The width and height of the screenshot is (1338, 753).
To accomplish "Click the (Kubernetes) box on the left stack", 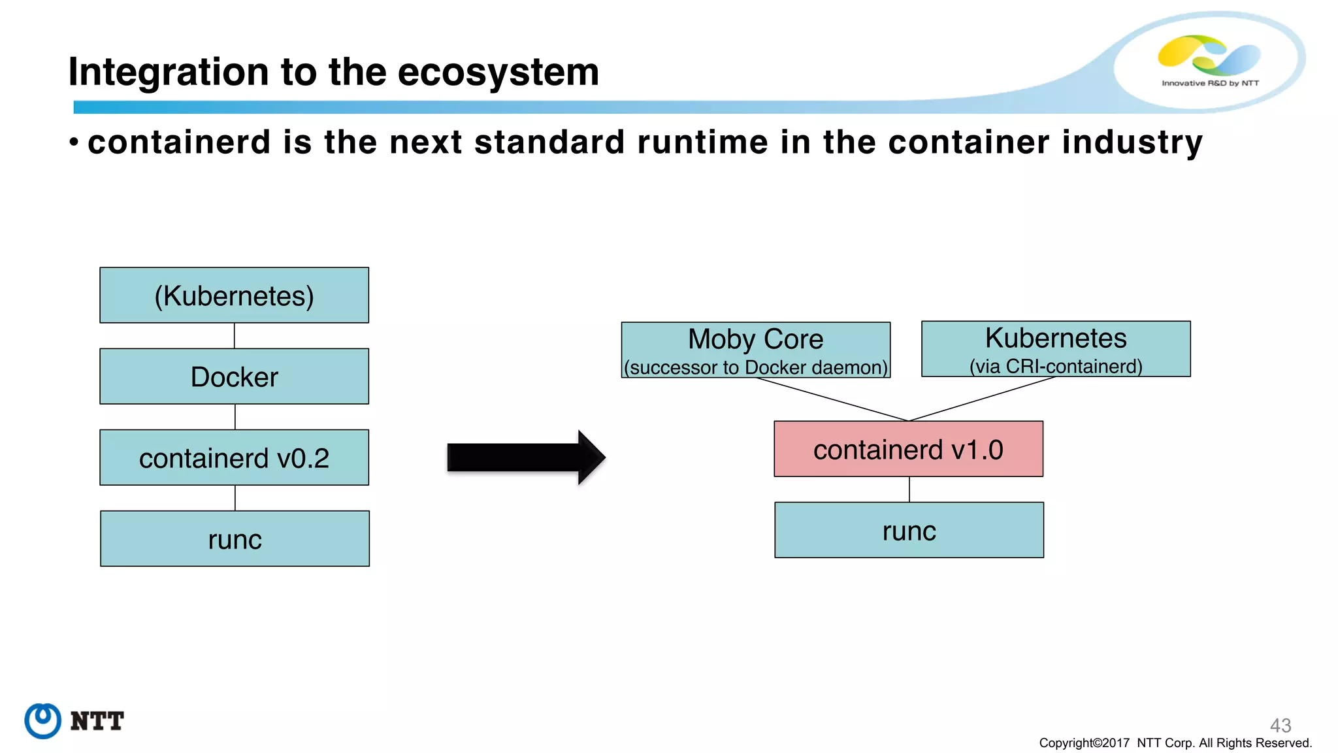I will coord(234,295).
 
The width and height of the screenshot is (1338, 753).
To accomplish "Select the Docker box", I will coord(234,376).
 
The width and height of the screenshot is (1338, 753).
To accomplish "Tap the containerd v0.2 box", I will coord(234,458).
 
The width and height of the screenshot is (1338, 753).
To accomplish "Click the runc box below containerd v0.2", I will coord(235,539).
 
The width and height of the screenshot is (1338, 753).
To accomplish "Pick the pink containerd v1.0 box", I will coord(908,449).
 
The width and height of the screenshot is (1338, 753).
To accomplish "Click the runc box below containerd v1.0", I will coord(909,530).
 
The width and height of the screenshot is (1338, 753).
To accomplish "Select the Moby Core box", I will coord(755,350).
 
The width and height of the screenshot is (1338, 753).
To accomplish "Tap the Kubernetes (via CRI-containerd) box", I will coord(1056,349).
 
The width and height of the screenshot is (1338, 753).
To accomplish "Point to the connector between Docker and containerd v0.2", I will coord(235,416).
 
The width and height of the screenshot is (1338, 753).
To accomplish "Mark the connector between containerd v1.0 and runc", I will coord(909,489).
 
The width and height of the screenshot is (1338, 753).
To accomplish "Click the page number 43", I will coord(1280,725).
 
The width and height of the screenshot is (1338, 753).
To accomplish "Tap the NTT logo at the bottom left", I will coord(74,721).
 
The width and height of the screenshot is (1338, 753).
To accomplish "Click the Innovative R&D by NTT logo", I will coord(1209,60).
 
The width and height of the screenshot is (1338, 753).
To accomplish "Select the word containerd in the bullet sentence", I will coord(179,142).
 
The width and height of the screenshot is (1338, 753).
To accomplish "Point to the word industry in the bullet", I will coord(1132,142).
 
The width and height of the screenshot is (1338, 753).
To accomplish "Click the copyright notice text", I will coord(1175,743).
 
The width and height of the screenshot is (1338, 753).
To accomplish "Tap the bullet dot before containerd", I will coord(74,142).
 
